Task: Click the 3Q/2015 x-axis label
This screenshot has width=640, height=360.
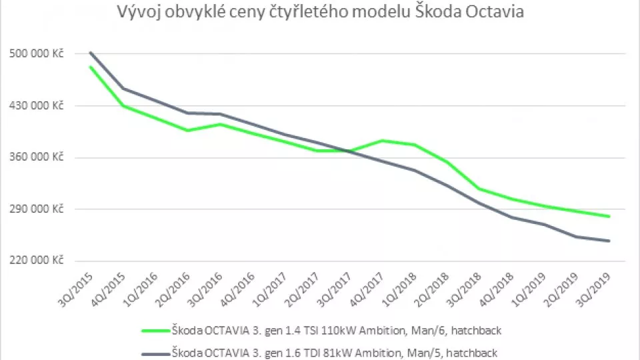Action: (77, 288)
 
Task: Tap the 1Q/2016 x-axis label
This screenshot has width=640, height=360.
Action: (142, 288)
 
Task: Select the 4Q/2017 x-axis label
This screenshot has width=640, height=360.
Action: (368, 288)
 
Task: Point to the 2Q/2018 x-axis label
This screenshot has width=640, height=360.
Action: (433, 288)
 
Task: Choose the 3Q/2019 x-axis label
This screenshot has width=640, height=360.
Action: (595, 288)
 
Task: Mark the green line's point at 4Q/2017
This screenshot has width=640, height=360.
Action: (382, 141)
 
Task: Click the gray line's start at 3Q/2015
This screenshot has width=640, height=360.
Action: (90, 53)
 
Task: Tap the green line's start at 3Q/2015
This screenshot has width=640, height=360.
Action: (90, 67)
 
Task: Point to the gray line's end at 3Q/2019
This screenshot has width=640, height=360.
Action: (609, 241)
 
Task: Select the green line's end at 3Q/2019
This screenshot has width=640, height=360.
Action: (609, 216)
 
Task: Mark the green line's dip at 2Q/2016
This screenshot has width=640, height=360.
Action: (188, 130)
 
